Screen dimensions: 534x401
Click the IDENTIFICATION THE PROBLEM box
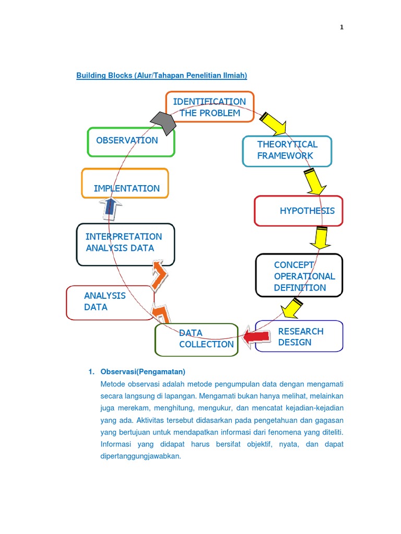(210, 107)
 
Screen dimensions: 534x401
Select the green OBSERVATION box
(131, 141)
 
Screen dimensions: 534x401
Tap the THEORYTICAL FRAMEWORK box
(287, 151)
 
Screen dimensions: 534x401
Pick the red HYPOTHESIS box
(298, 211)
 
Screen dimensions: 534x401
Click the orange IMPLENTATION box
(125, 183)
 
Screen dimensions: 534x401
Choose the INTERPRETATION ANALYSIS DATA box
(125, 244)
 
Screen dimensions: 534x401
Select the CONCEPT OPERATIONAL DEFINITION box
(299, 274)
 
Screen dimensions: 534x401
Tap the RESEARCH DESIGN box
(299, 336)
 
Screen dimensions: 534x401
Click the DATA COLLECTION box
(196, 339)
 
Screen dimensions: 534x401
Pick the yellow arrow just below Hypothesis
(320, 238)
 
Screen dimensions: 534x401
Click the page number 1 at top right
(341, 28)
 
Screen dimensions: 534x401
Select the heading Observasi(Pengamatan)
(143, 372)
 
